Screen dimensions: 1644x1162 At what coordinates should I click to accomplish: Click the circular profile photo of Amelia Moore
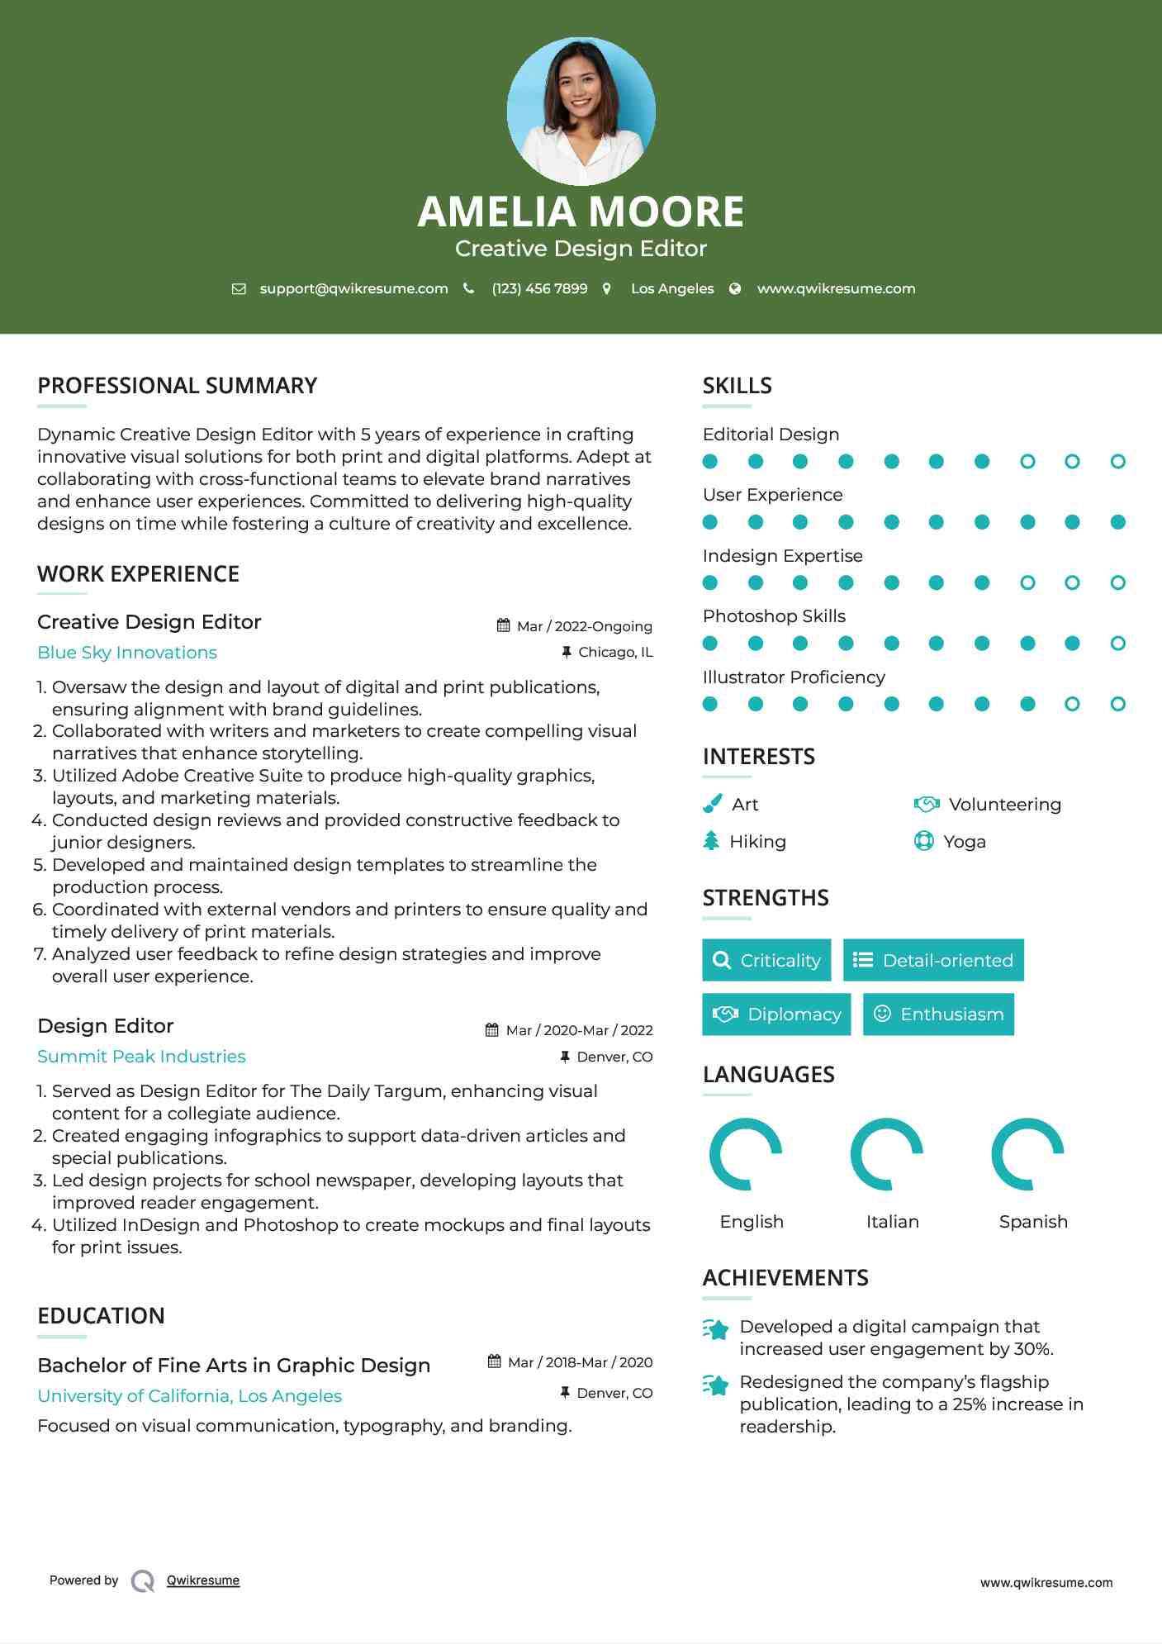[x=581, y=111]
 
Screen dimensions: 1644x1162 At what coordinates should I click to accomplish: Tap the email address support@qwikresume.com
[x=353, y=288]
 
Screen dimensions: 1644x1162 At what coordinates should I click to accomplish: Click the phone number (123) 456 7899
[x=539, y=288]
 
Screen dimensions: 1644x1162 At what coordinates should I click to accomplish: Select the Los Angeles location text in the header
[x=672, y=288]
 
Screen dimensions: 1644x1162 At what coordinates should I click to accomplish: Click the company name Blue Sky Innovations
[x=127, y=653]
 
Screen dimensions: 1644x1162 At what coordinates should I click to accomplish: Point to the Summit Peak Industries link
[x=141, y=1057]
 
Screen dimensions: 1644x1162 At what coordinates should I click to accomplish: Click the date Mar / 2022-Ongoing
[x=584, y=626]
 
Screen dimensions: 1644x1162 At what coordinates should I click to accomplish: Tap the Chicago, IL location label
[x=615, y=653]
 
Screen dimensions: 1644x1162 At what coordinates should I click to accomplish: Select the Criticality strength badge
[x=766, y=960]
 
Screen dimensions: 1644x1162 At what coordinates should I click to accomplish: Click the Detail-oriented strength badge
[x=933, y=960]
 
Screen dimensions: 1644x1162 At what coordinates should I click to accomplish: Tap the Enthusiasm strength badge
[x=938, y=1014]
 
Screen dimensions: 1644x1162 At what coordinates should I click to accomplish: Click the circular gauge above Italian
[x=887, y=1154]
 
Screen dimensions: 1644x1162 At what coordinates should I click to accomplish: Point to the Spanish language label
[x=1033, y=1222]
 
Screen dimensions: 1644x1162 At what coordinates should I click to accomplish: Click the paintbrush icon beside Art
[x=712, y=804]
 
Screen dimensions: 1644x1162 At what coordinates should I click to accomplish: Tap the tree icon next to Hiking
[x=711, y=841]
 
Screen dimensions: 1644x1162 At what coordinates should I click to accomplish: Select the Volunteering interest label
[x=1004, y=805]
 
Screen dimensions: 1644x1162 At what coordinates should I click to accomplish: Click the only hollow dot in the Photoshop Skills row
[x=1117, y=644]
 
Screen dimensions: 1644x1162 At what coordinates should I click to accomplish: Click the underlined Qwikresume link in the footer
[x=203, y=1580]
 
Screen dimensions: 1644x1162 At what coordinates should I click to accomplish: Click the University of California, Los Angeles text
[x=189, y=1396]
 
